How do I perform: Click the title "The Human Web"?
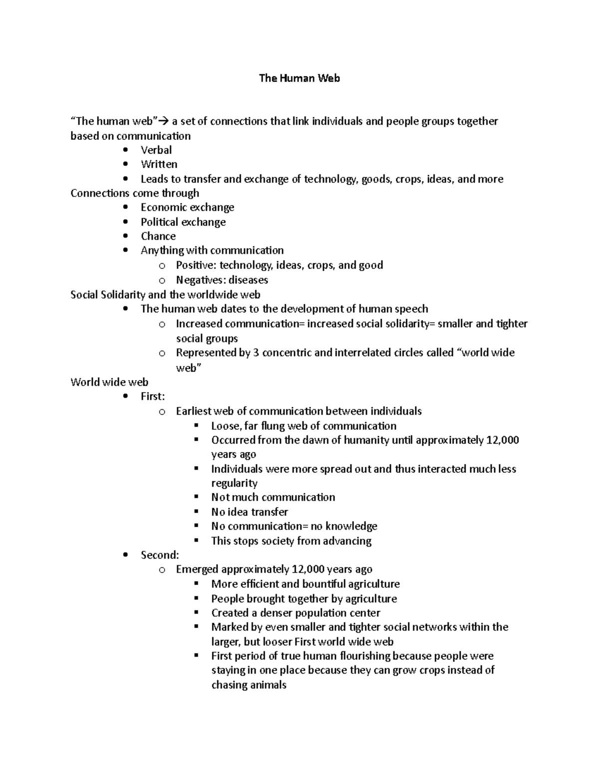point(299,78)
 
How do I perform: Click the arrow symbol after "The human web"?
point(164,121)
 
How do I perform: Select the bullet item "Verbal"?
point(156,150)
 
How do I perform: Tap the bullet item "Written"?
point(159,164)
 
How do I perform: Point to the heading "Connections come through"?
point(135,193)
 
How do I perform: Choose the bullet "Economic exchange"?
point(187,207)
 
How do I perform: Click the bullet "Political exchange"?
point(183,222)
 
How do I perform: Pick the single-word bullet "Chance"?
point(158,236)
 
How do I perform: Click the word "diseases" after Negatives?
point(248,280)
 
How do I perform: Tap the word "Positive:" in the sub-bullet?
point(196,265)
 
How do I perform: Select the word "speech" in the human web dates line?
point(411,309)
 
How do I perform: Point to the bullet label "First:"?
point(152,397)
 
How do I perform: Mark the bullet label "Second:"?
point(159,555)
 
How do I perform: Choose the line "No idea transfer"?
point(249,512)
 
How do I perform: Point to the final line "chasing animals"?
point(249,685)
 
